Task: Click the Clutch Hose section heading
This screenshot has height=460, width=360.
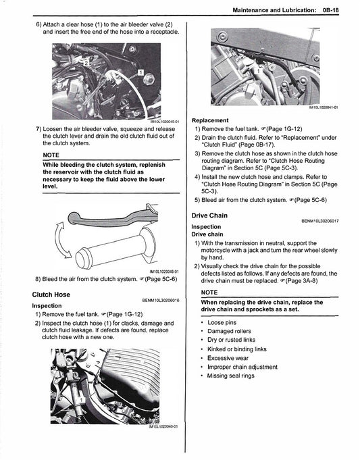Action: point(51,295)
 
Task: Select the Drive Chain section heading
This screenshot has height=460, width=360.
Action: point(210,215)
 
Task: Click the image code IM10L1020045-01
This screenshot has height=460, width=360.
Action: point(160,121)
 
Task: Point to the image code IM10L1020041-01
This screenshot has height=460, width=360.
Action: point(324,107)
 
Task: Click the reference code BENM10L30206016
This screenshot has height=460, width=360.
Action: point(160,301)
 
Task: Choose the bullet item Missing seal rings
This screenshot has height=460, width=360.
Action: point(231,376)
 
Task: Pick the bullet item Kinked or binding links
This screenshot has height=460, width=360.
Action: point(236,349)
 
